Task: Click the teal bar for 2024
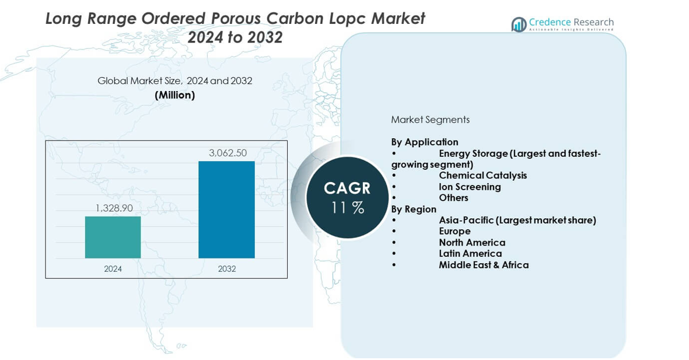coord(113,237)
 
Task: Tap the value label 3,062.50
coord(228,153)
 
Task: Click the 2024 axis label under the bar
coord(113,268)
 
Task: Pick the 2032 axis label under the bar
coord(226,268)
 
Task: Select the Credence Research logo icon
coord(519,25)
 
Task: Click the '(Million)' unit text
coord(175,95)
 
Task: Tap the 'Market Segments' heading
coord(430,120)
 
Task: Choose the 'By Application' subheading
coord(425,142)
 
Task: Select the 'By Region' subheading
coord(414,209)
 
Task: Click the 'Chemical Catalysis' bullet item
coord(482,175)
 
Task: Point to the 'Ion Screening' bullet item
coord(470,187)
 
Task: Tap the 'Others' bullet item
coord(453,198)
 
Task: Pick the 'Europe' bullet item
coord(454,231)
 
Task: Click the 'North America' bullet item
coord(472,242)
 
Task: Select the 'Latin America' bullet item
coord(470,253)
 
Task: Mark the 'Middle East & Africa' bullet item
coord(484,265)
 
